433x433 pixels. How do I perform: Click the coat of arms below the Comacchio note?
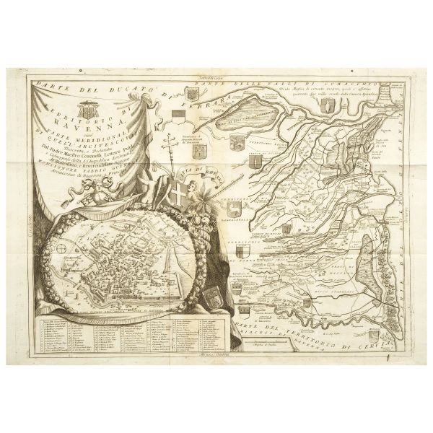coord(331,109)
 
